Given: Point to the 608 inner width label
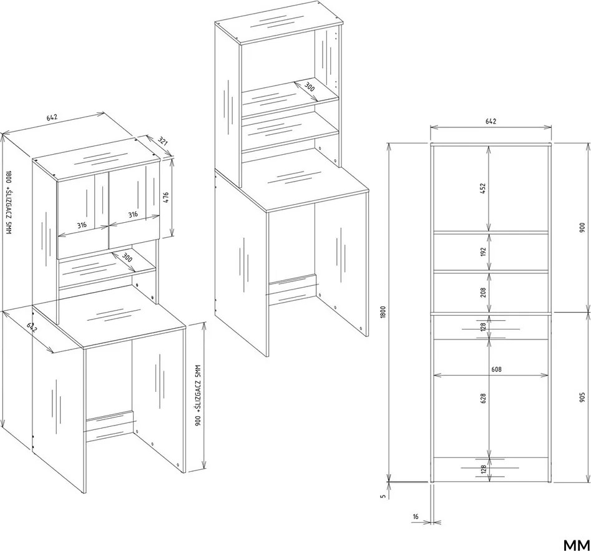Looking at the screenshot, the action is [x=496, y=369].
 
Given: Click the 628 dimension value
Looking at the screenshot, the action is [x=483, y=398].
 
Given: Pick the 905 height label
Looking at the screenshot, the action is [x=583, y=397].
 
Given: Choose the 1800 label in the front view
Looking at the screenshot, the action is [x=383, y=313].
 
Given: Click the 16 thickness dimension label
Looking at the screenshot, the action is [x=416, y=517].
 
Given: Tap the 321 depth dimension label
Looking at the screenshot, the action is [x=162, y=142].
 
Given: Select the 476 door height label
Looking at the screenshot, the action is [x=165, y=197].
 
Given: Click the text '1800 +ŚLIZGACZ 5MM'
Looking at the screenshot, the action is [x=9, y=202].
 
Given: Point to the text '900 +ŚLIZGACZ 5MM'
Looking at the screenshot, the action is [x=199, y=396].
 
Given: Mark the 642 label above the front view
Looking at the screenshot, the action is [x=491, y=121].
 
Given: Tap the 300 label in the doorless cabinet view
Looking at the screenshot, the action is [x=309, y=87].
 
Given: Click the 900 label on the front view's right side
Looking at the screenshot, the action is [x=583, y=227].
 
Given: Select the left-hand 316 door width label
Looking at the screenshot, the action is [x=82, y=225].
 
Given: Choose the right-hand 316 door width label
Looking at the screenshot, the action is [x=133, y=215].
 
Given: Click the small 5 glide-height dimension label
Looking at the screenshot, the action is [x=383, y=497].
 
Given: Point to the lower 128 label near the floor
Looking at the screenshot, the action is [x=483, y=470].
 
